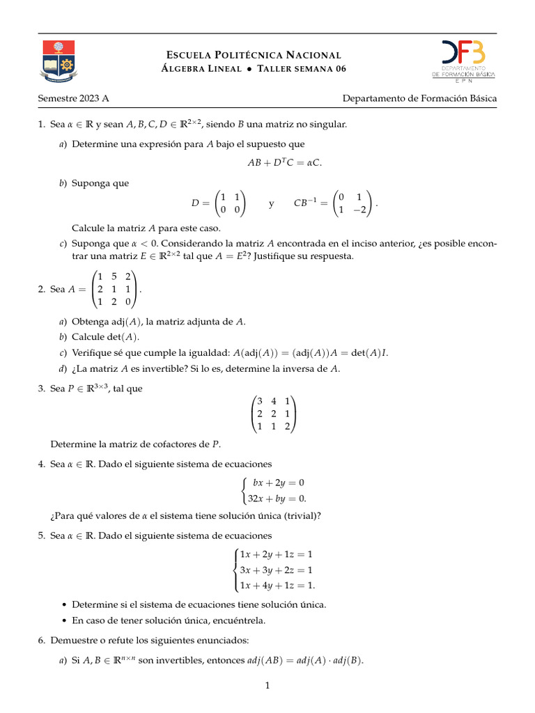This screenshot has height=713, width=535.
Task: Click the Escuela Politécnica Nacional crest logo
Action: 57,61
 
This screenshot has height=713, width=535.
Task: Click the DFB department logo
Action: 463,59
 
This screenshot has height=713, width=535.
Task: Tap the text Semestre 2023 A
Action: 73,99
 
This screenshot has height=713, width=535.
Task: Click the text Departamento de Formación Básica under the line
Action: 419,99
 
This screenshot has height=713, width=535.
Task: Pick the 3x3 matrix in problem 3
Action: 273,414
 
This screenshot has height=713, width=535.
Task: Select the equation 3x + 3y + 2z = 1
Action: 276,570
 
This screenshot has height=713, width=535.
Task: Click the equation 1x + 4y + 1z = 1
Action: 277,585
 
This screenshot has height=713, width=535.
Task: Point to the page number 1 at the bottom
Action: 267,686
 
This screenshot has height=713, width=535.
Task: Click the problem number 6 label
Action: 41,640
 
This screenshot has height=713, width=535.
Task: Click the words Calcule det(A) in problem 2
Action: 105,337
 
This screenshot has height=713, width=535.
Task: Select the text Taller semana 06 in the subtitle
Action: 302,69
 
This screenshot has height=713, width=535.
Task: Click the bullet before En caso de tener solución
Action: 65,620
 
